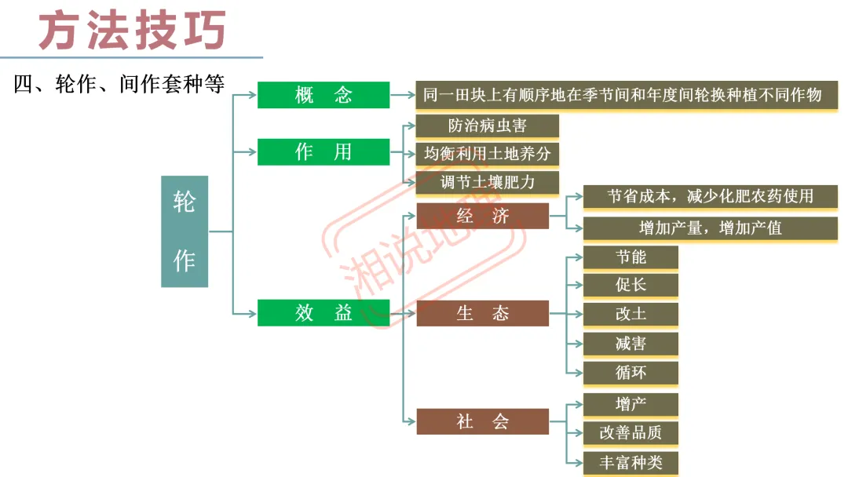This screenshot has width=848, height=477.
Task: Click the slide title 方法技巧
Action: click(x=133, y=30)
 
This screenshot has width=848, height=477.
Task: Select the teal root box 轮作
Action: click(x=185, y=231)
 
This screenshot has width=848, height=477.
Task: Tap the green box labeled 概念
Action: click(x=323, y=95)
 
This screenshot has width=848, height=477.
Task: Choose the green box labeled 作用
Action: click(x=323, y=151)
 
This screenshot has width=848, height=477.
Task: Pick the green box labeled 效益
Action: click(x=323, y=313)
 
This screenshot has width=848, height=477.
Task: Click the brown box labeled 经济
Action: click(x=482, y=216)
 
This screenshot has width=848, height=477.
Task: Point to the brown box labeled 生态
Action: click(x=482, y=313)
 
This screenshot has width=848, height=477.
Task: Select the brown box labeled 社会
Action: click(x=482, y=421)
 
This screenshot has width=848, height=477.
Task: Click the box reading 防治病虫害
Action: click(x=487, y=126)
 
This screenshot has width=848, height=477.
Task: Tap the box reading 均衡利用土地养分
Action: click(x=487, y=154)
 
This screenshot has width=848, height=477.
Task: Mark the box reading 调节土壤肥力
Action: click(x=487, y=182)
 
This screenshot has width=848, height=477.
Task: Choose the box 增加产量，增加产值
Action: click(x=710, y=228)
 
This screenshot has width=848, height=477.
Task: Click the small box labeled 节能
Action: click(x=631, y=257)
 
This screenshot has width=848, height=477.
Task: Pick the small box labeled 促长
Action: click(x=631, y=285)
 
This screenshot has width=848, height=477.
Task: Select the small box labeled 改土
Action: click(x=631, y=314)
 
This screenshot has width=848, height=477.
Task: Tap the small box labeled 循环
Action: click(x=631, y=373)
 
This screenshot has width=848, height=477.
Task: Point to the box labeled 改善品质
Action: click(x=631, y=432)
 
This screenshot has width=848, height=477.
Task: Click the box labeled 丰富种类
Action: click(x=631, y=462)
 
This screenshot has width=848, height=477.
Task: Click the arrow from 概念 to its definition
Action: click(x=402, y=96)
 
